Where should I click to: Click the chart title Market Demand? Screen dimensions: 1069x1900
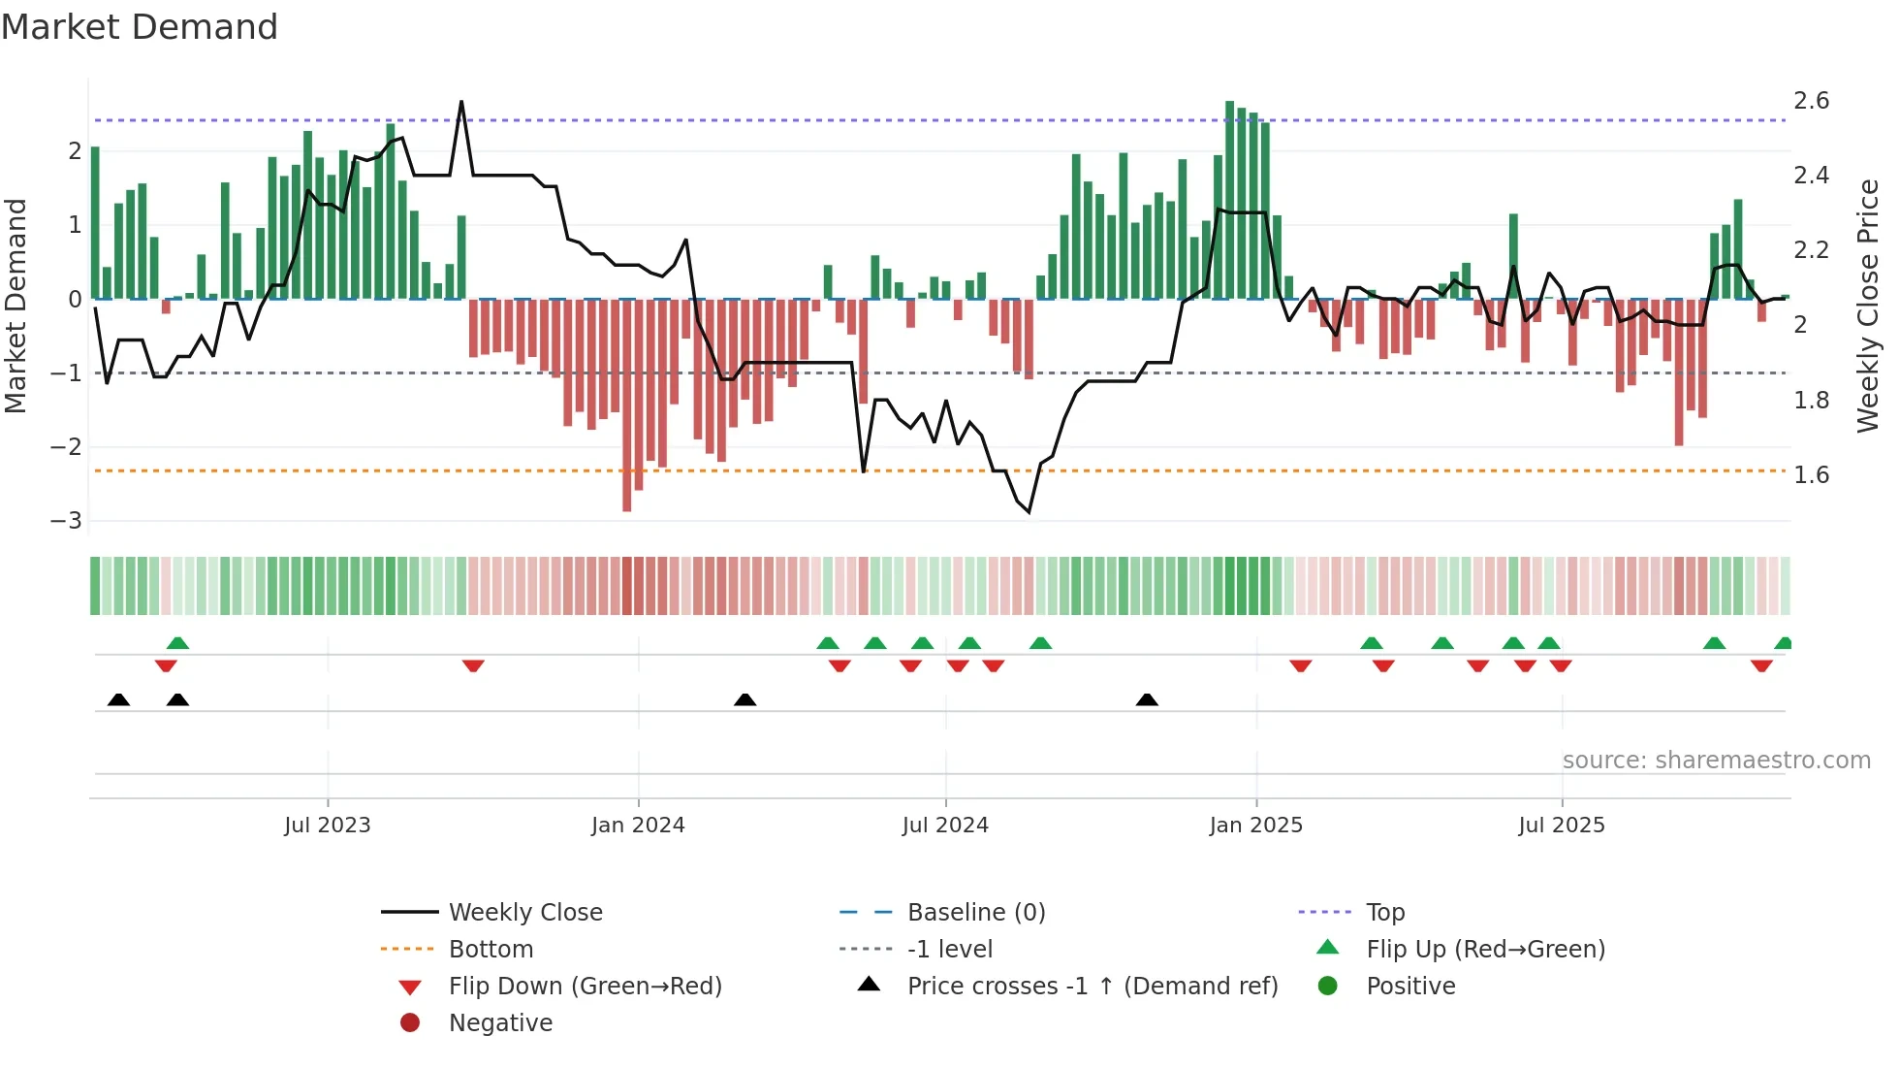tap(140, 27)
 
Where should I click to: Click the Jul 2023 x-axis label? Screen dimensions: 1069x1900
tap(327, 826)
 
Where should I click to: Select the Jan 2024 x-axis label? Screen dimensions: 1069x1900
tap(638, 826)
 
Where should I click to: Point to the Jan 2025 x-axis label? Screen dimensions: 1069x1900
tap(1255, 826)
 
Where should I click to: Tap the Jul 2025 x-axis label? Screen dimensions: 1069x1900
tap(1561, 826)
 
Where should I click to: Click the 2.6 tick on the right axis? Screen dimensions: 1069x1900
tap(1811, 101)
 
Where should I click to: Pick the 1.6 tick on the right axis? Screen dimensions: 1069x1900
tap(1811, 475)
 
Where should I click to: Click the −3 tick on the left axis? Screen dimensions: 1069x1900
tap(66, 521)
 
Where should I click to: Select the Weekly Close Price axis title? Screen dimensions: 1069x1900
tap(1867, 306)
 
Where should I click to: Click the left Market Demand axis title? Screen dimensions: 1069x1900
tap(16, 306)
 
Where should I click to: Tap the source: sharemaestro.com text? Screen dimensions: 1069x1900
tap(1716, 761)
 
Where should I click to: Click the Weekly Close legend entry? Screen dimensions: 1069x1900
tap(524, 913)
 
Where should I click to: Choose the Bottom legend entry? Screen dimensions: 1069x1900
tap(491, 950)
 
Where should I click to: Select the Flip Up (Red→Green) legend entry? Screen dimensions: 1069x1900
tap(1485, 950)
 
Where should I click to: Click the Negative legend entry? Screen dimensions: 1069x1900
tap(500, 1023)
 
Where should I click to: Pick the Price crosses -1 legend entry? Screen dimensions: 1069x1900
tap(1092, 987)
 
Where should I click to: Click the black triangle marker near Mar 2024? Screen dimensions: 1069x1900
tap(744, 699)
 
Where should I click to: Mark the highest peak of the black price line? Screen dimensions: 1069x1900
tap(461, 102)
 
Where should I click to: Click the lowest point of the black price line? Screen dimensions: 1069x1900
tap(1029, 512)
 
